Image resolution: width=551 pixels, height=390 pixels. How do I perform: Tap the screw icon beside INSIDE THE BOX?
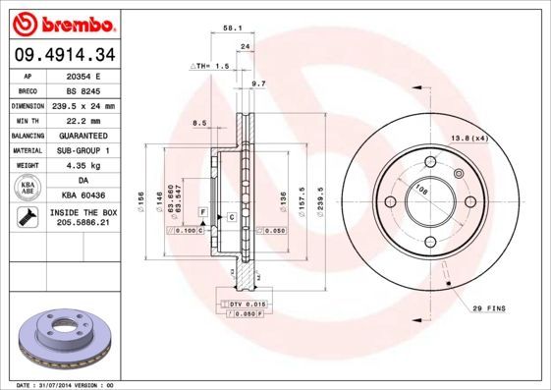(28, 217)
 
